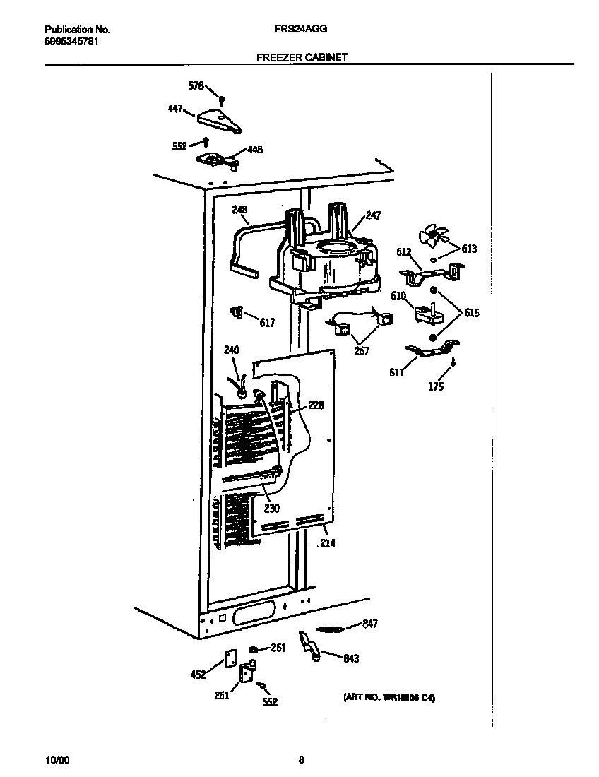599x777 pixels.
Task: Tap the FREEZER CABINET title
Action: (302, 58)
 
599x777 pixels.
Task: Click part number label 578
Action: (196, 86)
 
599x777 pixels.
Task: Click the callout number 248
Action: (240, 209)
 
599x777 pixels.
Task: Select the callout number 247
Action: (373, 215)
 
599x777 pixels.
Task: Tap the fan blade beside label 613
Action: (429, 237)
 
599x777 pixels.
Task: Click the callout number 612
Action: (403, 252)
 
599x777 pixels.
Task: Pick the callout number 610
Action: (399, 296)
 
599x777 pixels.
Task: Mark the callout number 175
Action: (437, 386)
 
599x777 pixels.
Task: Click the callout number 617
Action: (266, 323)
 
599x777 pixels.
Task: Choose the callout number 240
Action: (231, 350)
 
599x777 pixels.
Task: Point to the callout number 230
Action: (272, 508)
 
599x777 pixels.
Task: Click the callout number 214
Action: (327, 543)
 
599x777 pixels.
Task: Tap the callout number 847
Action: (370, 624)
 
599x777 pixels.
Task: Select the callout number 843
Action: (350, 659)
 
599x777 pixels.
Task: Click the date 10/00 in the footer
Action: (57, 761)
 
